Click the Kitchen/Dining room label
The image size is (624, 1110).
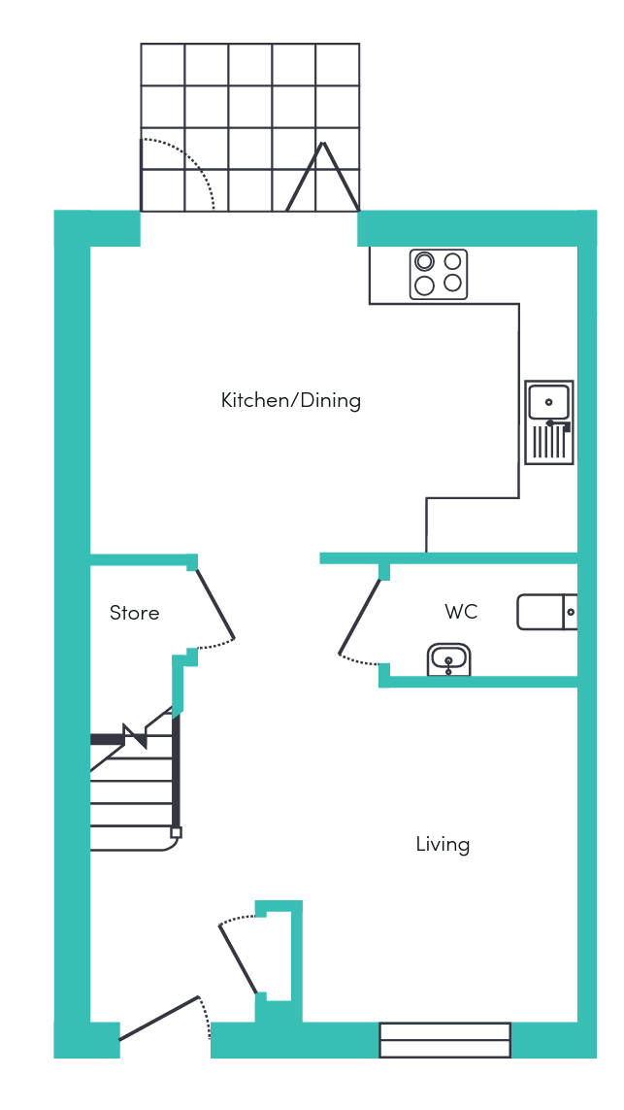point(291,401)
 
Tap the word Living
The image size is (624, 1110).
point(443,845)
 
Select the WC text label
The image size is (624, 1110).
point(461,612)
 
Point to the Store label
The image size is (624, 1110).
point(135,613)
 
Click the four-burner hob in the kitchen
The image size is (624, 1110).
point(439,274)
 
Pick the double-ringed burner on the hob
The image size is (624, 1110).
point(424,261)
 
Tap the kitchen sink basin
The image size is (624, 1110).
point(548,402)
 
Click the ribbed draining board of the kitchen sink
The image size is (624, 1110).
point(549,443)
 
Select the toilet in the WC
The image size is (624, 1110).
point(547,613)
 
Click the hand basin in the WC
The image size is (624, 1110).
point(449,659)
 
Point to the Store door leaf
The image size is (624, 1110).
point(214,603)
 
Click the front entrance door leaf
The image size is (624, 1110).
point(159,1019)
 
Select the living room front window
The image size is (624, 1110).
point(445,1040)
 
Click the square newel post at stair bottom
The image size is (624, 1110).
point(177,832)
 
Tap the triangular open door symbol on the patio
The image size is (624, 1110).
point(322,177)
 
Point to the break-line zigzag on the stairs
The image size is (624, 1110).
point(135,735)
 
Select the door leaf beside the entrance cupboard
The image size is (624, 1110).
point(238,959)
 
